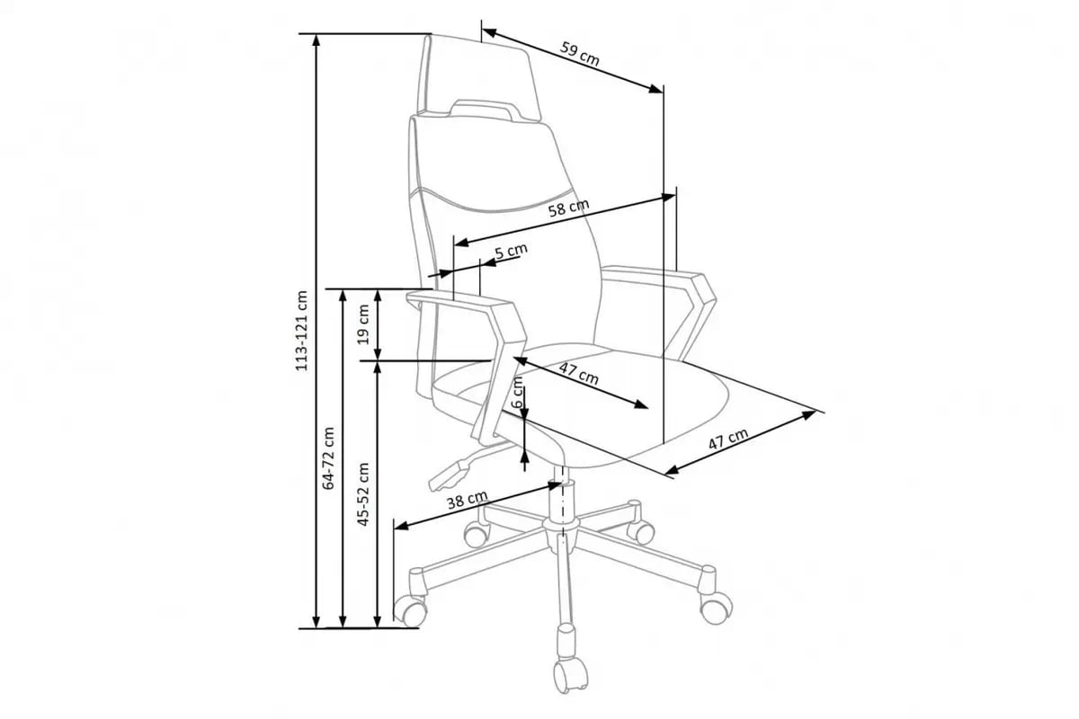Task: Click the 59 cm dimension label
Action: [x=580, y=54]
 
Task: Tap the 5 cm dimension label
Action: [x=511, y=251]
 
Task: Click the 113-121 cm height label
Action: [x=301, y=331]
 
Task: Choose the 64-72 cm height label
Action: [x=328, y=458]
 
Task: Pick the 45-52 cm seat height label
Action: [x=363, y=494]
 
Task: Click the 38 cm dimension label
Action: [x=467, y=500]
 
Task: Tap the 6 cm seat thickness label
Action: [x=517, y=393]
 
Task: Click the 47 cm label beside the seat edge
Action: [x=728, y=439]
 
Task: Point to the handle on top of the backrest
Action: [x=482, y=109]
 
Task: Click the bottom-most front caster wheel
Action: [x=571, y=673]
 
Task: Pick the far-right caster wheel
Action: [x=717, y=607]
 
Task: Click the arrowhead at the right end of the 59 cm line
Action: [x=655, y=89]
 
